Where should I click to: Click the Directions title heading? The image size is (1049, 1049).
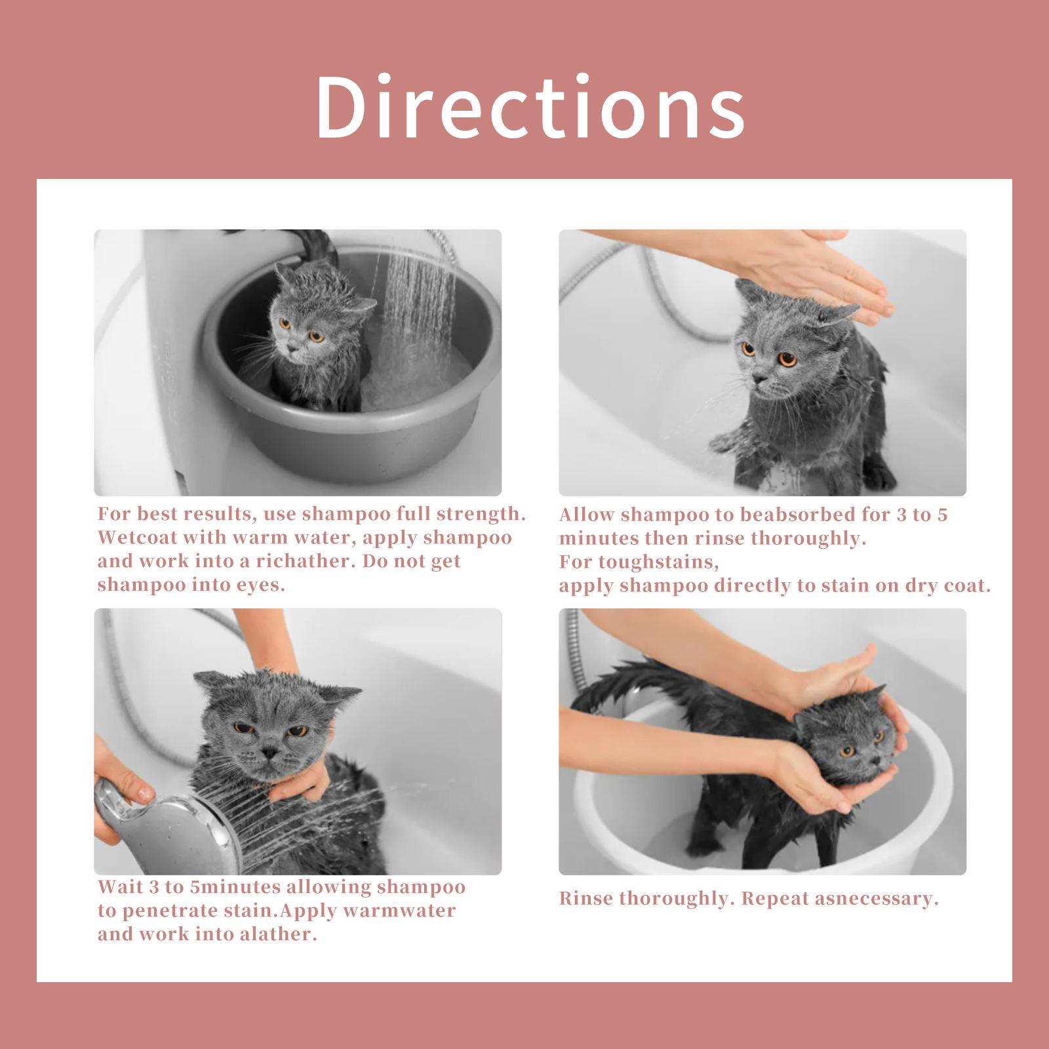click(x=530, y=106)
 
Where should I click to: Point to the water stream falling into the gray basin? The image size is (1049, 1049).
click(x=420, y=308)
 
